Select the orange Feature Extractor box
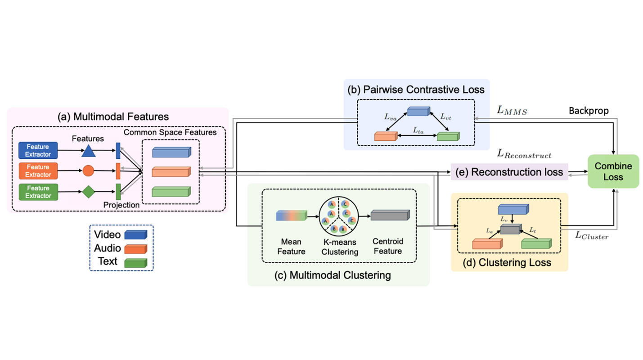pos(38,171)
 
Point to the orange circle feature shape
pos(89,171)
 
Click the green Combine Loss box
pos(613,171)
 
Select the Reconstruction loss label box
pos(510,172)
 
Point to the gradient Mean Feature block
pos(291,216)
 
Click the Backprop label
pos(589,111)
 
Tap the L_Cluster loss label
pos(592,235)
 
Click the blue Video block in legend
pos(135,234)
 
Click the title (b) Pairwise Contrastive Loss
pos(416,90)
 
